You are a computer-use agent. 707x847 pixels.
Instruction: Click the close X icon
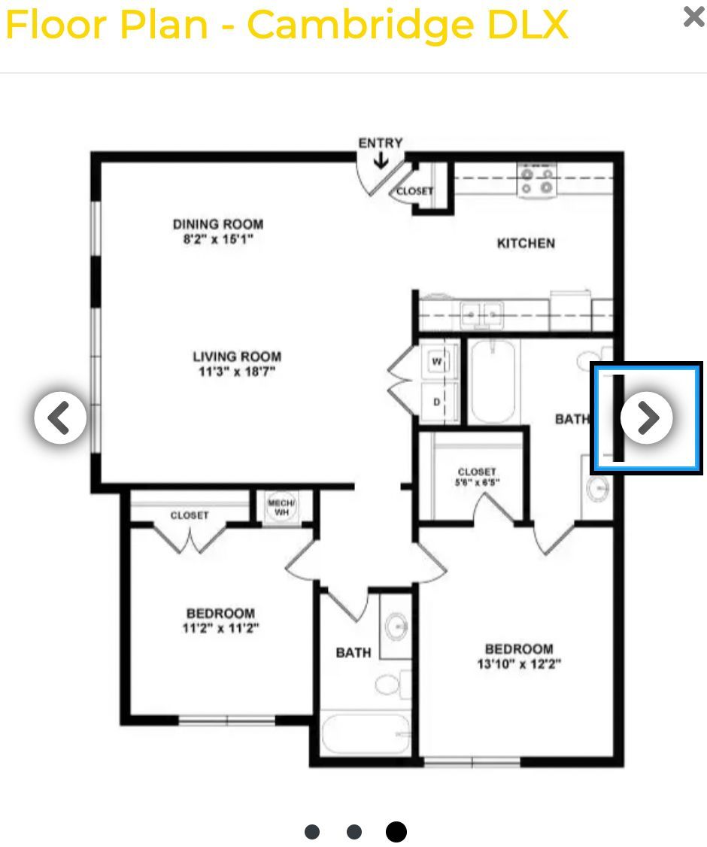pyautogui.click(x=694, y=17)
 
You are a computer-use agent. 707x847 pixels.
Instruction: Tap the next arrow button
pyautogui.click(x=647, y=417)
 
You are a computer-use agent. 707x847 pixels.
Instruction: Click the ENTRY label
pyautogui.click(x=381, y=143)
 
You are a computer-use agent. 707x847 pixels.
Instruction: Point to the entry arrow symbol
pyautogui.click(x=381, y=160)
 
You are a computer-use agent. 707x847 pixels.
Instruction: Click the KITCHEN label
pyautogui.click(x=526, y=244)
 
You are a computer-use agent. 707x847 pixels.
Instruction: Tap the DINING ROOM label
pyautogui.click(x=218, y=224)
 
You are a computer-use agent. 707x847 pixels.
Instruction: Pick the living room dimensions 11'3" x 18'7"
pyautogui.click(x=237, y=372)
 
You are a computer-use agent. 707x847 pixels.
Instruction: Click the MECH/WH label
pyautogui.click(x=281, y=507)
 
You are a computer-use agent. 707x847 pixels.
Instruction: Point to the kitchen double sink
pyautogui.click(x=482, y=314)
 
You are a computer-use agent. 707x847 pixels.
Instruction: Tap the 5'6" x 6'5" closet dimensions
pyautogui.click(x=477, y=482)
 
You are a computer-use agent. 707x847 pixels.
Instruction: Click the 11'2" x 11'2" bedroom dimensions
pyautogui.click(x=221, y=628)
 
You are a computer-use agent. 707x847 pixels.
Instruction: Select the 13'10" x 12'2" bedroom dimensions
pyautogui.click(x=519, y=664)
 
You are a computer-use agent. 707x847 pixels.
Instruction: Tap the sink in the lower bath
pyautogui.click(x=397, y=627)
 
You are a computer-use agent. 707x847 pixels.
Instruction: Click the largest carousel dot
pyautogui.click(x=396, y=832)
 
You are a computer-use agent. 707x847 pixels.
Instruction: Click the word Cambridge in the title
pyautogui.click(x=361, y=25)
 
